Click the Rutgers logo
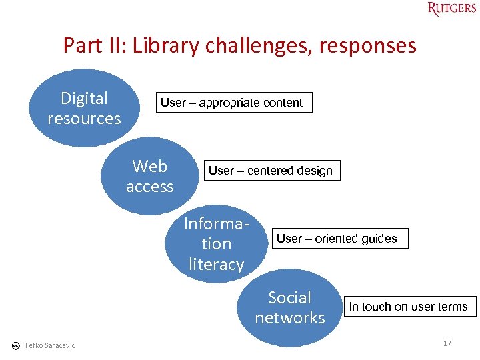[451, 9]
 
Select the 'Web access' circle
[149, 176]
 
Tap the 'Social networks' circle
[289, 307]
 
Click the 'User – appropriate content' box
[231, 103]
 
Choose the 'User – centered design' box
[270, 171]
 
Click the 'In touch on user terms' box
[409, 307]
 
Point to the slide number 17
[447, 343]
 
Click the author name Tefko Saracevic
[49, 345]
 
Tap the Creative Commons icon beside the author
[15, 345]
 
